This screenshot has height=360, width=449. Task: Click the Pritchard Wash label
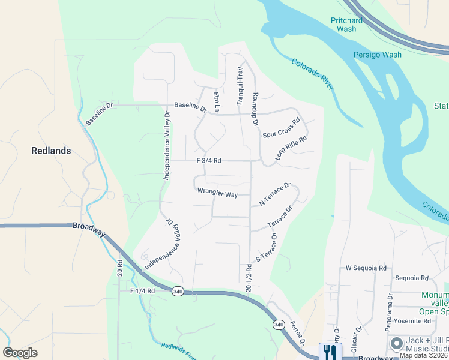click(x=346, y=25)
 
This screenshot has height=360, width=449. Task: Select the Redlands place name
click(x=51, y=151)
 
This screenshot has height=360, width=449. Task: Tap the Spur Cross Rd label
click(x=281, y=128)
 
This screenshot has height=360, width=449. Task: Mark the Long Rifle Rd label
click(x=291, y=148)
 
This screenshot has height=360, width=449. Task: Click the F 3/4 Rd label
click(x=209, y=161)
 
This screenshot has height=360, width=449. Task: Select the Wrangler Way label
click(x=217, y=194)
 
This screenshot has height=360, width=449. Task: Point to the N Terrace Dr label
click(x=274, y=195)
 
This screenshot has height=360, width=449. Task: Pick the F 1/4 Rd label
click(x=143, y=290)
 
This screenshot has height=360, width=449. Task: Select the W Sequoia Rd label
click(x=366, y=268)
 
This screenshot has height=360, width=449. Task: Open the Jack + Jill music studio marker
click(x=396, y=343)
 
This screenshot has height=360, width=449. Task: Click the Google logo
click(x=20, y=353)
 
